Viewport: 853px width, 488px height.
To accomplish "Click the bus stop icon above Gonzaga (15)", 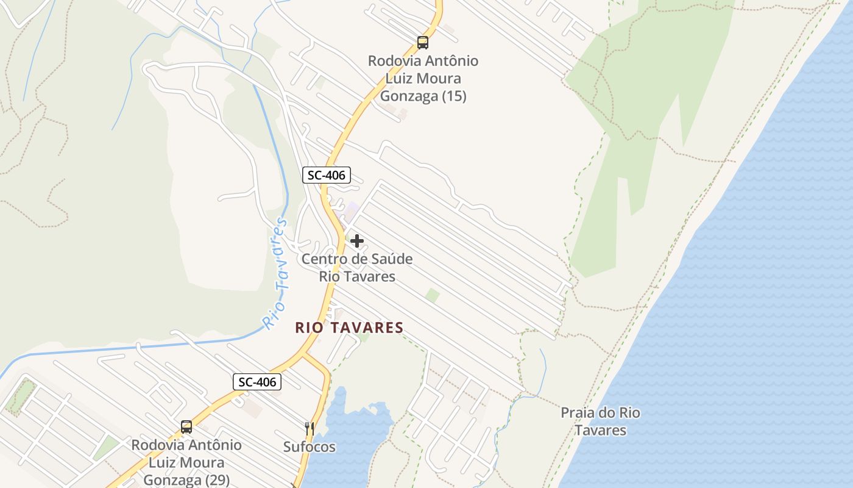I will coord(423,43).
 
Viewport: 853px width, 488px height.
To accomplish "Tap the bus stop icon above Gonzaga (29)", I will coord(186,427).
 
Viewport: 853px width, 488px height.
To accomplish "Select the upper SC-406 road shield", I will coord(326,176).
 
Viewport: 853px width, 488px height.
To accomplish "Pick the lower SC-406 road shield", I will coord(257,382).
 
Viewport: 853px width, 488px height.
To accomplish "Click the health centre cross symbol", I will coord(357,241).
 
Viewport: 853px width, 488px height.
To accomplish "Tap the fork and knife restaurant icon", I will coord(310,429).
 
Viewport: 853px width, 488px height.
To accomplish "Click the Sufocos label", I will coord(310,447).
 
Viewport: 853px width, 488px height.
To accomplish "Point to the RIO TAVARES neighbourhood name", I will coord(349,328).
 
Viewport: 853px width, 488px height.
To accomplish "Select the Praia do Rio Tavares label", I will coord(600,422).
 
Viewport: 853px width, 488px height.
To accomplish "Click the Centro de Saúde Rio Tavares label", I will coord(357,268).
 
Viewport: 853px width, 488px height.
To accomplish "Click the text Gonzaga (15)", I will coord(423,96).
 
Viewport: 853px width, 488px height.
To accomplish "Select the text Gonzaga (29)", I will coord(186,480).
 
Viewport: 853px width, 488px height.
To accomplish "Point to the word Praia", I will coord(578,413).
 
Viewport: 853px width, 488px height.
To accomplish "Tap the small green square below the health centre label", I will coord(433,296).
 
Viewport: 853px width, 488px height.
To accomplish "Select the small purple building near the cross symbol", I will coord(352,209).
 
